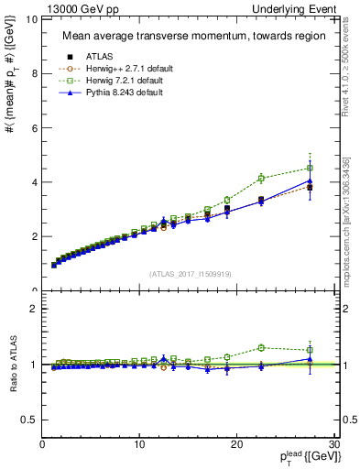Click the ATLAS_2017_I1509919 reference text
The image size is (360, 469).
coord(191,273)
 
